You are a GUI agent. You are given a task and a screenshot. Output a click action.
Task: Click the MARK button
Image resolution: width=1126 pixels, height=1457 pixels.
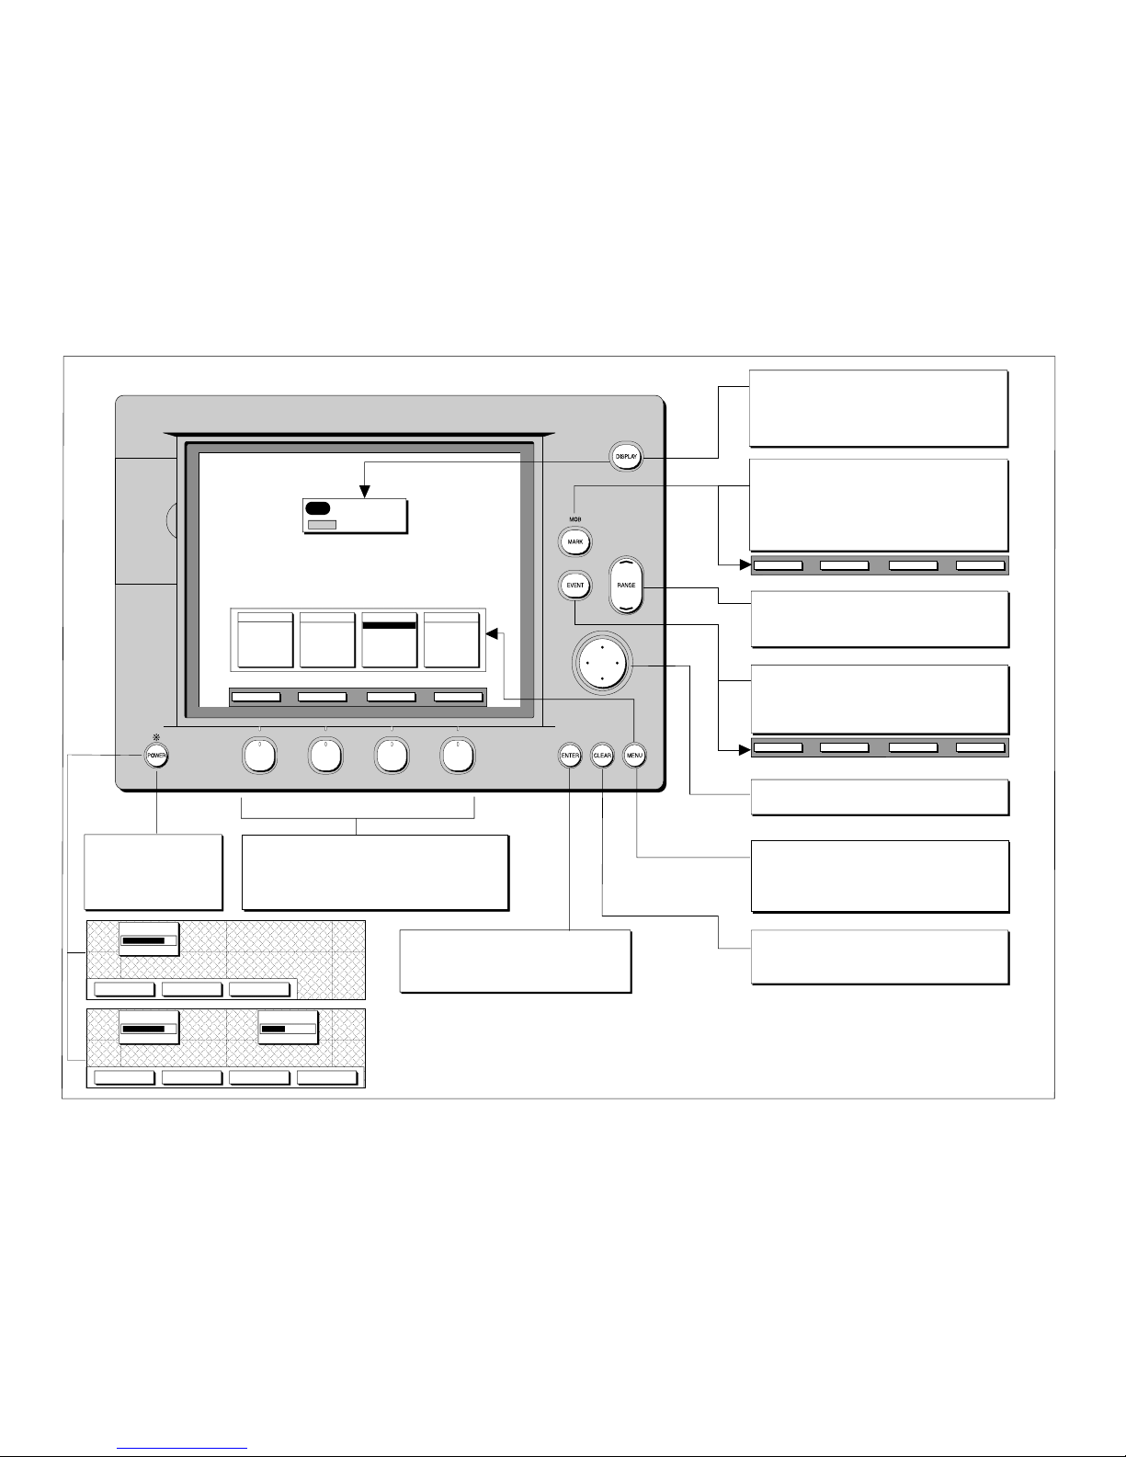point(575,541)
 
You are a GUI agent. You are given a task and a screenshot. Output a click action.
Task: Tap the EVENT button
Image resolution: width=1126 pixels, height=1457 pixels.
point(575,586)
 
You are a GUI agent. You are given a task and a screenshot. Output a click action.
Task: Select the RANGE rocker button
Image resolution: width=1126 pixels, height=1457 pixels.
point(626,586)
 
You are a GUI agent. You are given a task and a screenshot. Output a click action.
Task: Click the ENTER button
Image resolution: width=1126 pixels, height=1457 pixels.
point(570,756)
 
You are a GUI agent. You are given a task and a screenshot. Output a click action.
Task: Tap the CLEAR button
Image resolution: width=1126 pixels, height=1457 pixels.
point(602,756)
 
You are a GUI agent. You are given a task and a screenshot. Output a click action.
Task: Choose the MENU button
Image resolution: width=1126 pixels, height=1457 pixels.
point(634,756)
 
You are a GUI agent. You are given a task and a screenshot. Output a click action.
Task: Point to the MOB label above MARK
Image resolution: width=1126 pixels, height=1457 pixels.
point(574,518)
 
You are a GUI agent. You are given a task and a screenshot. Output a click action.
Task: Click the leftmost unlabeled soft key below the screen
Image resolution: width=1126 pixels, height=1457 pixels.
point(259,756)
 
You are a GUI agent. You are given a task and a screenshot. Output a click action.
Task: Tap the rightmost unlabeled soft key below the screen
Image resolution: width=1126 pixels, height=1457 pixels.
point(458,756)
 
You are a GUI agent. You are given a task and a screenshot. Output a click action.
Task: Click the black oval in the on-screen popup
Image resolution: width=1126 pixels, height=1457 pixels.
point(318,508)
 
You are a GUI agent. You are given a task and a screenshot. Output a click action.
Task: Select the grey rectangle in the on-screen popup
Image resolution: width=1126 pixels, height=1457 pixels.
point(322,524)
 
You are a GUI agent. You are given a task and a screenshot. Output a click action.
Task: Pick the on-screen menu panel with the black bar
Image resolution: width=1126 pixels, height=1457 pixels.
point(390,640)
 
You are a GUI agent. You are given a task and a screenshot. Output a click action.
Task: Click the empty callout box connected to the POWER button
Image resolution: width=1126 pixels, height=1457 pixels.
point(153,871)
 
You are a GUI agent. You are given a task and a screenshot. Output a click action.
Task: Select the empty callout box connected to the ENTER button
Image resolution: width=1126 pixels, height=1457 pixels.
point(515,961)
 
